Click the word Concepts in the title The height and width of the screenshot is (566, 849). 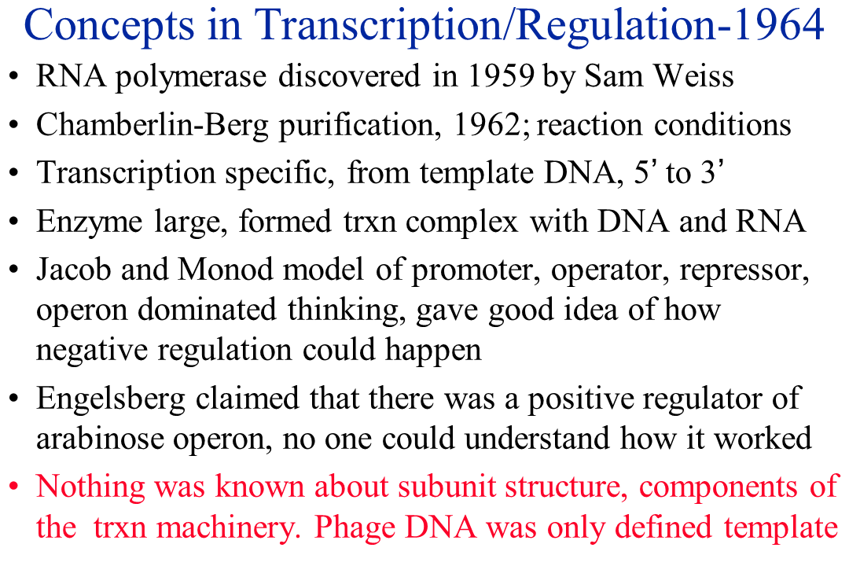point(108,25)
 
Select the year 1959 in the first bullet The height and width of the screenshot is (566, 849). point(501,75)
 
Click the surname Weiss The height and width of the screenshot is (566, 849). point(694,75)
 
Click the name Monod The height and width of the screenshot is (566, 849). point(226,269)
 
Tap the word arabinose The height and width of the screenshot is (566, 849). point(100,438)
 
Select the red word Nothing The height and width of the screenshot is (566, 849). point(90,487)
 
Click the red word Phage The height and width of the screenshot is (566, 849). point(355,527)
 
